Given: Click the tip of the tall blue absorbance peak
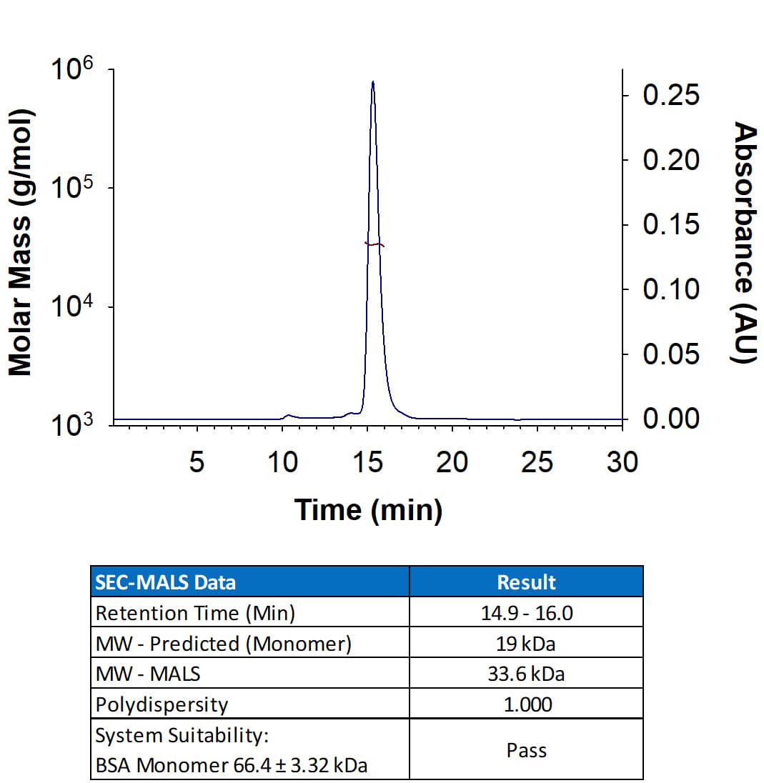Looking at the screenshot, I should [x=372, y=82].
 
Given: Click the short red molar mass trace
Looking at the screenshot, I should [x=374, y=244].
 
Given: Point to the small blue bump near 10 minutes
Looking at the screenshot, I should [x=288, y=415].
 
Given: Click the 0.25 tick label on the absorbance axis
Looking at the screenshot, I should [x=671, y=96].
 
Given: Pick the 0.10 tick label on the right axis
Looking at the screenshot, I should [x=671, y=289].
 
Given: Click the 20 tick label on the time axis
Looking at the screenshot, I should [x=452, y=463].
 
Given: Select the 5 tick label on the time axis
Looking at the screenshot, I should [x=197, y=463].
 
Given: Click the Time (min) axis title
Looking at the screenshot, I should [x=368, y=510].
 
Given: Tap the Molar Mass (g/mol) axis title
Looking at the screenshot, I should [x=21, y=242].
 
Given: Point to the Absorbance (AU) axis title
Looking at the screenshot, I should [x=745, y=242].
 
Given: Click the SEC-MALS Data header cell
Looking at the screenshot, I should [x=165, y=582].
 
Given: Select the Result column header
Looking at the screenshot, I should [x=526, y=582].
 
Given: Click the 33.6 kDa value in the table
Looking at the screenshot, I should [x=526, y=674].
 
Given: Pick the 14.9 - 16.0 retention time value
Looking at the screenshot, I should [x=526, y=613].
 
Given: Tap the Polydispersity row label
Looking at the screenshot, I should [x=162, y=704].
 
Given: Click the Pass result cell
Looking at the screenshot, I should [x=526, y=750].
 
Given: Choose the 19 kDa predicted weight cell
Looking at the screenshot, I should [x=526, y=644].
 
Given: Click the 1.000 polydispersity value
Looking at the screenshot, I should [x=526, y=704].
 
